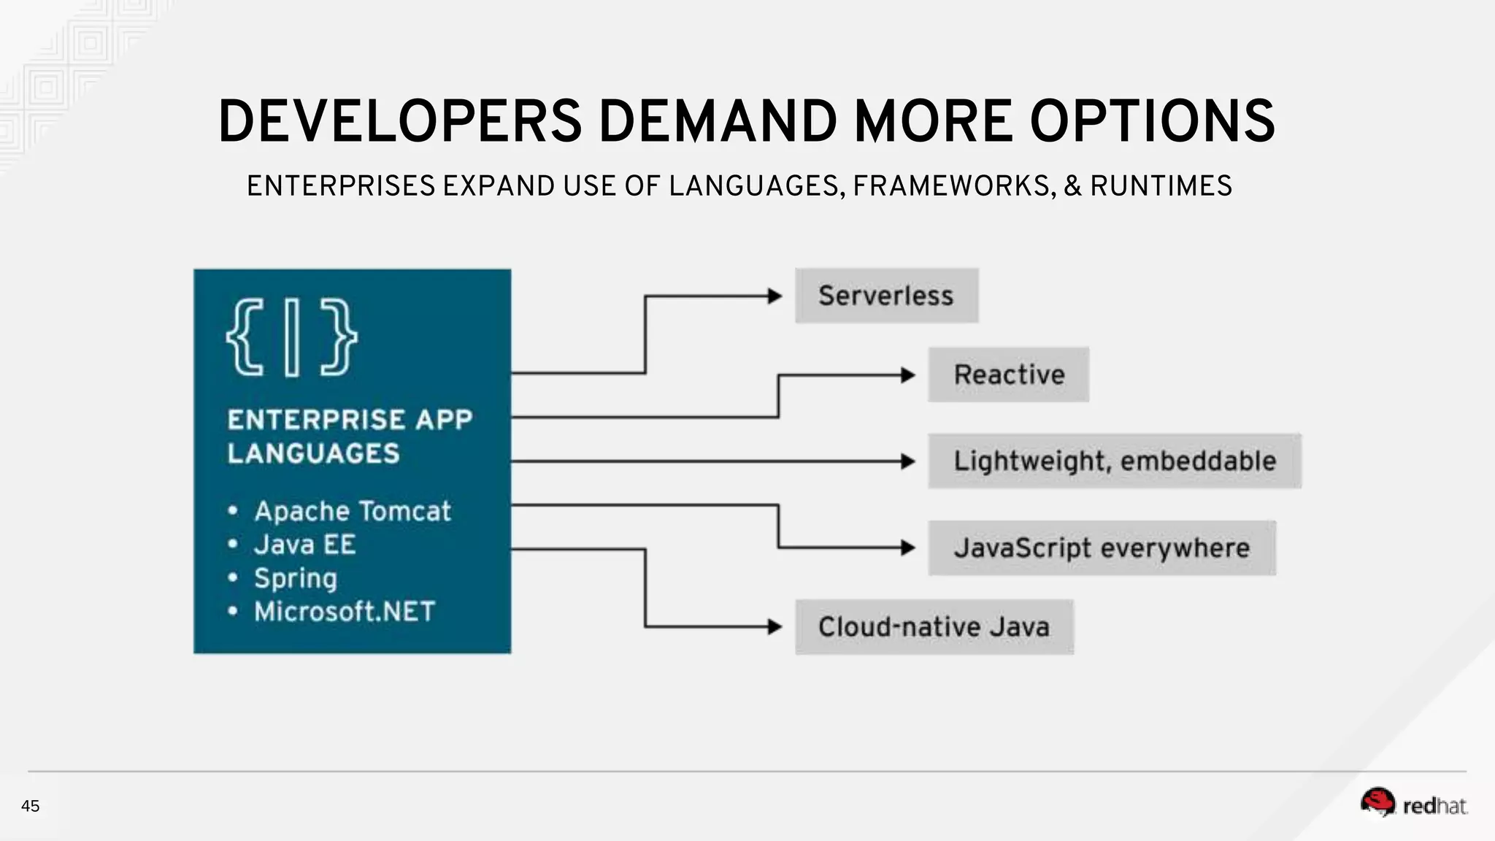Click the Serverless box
pyautogui.click(x=886, y=296)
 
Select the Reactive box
pyautogui.click(x=1008, y=375)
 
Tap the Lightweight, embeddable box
pyautogui.click(x=1114, y=461)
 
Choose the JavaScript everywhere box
pyautogui.click(x=1102, y=548)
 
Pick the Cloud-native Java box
pyautogui.click(x=934, y=626)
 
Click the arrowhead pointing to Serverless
pyautogui.click(x=775, y=296)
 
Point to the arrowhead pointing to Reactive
pyautogui.click(x=908, y=375)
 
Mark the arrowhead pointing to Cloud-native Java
pyautogui.click(x=775, y=626)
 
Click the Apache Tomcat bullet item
pyautogui.click(x=352, y=511)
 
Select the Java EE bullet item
pyautogui.click(x=304, y=545)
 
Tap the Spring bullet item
pyautogui.click(x=295, y=578)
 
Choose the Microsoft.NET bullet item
pyautogui.click(x=344, y=612)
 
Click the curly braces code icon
pyautogui.click(x=291, y=337)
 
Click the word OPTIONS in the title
pyautogui.click(x=1152, y=121)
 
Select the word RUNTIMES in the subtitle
pyautogui.click(x=1161, y=186)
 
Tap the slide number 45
pyautogui.click(x=31, y=806)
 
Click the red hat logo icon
pyautogui.click(x=1377, y=802)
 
